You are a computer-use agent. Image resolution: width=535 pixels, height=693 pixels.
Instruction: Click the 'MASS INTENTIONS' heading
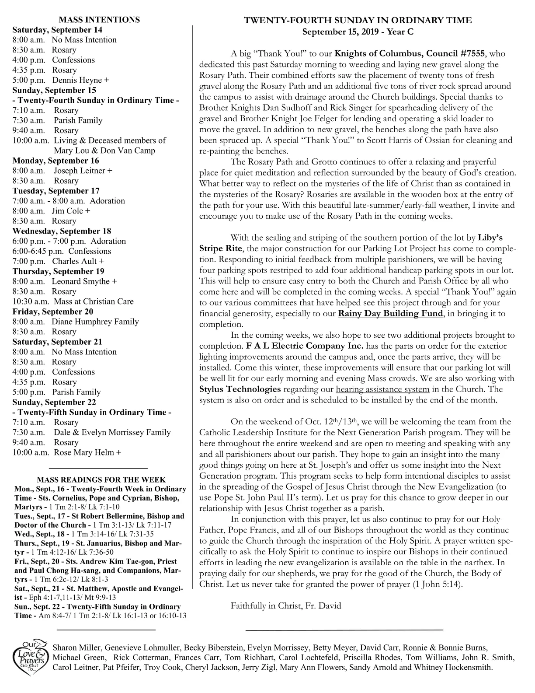(99, 20)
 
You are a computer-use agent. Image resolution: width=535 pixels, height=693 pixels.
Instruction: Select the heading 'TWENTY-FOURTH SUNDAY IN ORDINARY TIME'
(358, 20)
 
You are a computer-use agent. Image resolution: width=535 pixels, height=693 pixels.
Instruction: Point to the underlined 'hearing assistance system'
(382, 389)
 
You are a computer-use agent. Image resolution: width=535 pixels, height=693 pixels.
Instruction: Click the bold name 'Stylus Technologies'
(240, 389)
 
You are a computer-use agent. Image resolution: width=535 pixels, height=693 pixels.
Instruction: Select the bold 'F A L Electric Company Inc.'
(305, 346)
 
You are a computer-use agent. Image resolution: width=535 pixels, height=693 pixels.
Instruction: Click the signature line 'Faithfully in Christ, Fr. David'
(285, 605)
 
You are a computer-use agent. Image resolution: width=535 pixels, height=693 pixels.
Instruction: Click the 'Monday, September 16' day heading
(56, 161)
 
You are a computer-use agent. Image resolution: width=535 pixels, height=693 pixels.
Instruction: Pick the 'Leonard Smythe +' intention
(84, 281)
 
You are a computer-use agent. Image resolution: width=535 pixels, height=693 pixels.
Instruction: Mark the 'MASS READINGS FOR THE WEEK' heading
(101, 480)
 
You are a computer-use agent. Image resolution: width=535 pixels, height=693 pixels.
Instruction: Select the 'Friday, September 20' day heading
(53, 311)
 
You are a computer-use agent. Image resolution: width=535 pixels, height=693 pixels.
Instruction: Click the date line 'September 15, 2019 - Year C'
(358, 32)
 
